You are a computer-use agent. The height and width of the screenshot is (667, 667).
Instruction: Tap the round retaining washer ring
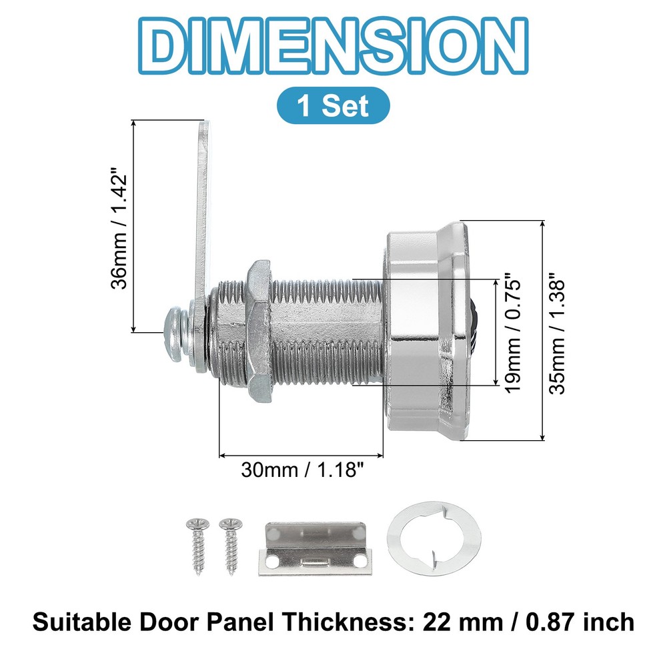click(x=434, y=539)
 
